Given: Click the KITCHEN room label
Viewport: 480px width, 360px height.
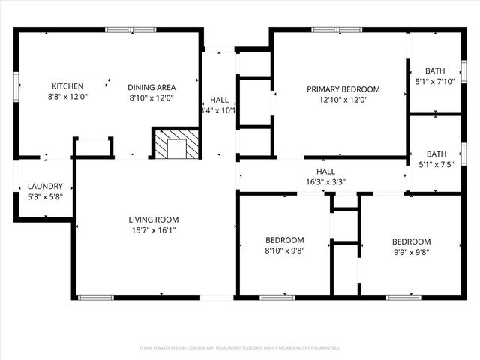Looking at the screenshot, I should (67, 86).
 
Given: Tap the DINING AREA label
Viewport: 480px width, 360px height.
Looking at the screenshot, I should (151, 86).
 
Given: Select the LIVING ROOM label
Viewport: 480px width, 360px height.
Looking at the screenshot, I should (153, 220).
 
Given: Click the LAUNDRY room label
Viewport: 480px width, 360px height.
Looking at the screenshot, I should (44, 187).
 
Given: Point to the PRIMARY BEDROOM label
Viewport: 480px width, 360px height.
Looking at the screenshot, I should (343, 89).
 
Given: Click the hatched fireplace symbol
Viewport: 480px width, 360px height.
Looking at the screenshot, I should (177, 144).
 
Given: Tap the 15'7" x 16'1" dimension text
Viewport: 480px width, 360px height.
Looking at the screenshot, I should (153, 231).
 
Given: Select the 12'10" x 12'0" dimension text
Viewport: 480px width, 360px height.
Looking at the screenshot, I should (343, 100).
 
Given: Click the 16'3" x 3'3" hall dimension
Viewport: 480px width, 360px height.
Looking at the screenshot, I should (325, 181).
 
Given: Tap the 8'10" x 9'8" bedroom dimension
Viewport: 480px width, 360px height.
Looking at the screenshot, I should (284, 252).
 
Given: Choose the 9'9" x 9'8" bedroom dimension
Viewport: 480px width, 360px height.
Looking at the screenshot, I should (411, 252).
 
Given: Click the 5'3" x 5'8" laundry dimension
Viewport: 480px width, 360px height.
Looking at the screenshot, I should (44, 198).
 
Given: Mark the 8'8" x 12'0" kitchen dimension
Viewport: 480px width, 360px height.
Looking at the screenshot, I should (67, 97).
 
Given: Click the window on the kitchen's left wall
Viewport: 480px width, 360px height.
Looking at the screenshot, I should (16, 85).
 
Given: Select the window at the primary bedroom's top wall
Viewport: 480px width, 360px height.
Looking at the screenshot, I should (337, 30).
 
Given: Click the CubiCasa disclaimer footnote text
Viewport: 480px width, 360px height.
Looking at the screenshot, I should (240, 348).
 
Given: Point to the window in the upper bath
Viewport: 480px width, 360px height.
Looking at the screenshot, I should (463, 71).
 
